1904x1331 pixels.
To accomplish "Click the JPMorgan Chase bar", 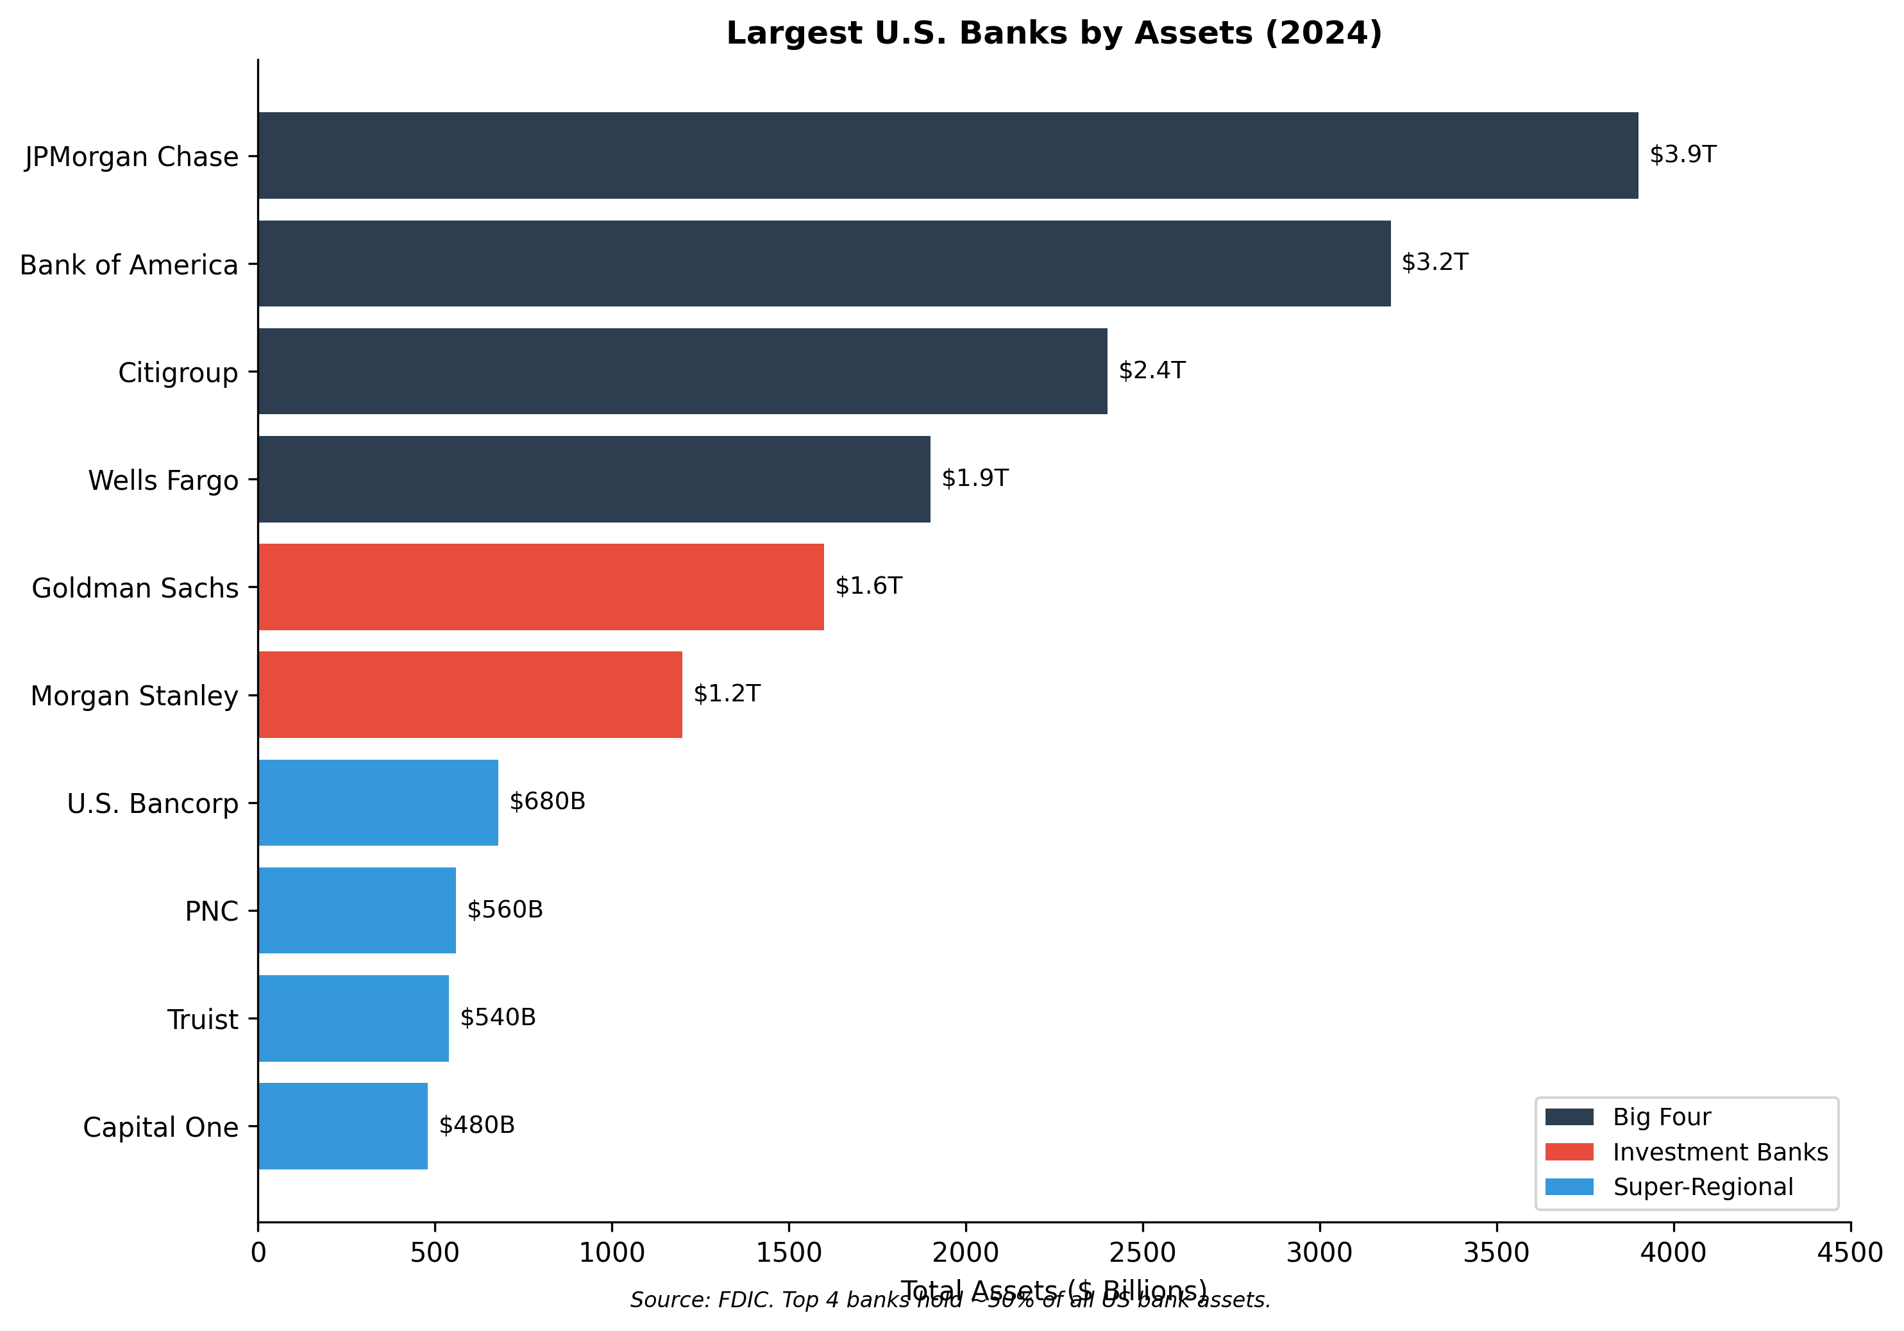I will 948,155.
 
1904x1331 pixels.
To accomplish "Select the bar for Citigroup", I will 682,371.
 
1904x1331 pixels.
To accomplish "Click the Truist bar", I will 353,1017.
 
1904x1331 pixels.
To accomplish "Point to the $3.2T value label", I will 1434,262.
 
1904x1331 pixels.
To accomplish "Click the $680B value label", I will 547,801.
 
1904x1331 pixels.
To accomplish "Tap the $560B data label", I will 505,910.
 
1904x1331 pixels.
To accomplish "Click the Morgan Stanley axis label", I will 134,695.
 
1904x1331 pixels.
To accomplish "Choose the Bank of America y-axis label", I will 128,265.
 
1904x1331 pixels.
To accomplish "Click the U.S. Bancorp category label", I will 153,803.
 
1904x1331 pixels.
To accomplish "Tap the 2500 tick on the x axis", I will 1143,1252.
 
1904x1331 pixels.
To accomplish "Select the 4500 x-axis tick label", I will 1850,1252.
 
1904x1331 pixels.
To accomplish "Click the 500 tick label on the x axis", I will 435,1252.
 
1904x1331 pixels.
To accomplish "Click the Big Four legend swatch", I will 1569,1117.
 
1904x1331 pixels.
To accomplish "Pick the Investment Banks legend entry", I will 1720,1152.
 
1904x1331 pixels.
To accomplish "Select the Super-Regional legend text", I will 1703,1187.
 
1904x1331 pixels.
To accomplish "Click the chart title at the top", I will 1054,33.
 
